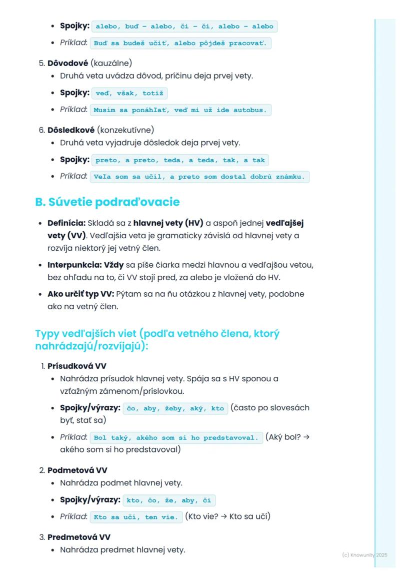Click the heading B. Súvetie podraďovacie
(107, 202)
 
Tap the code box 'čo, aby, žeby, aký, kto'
(175, 408)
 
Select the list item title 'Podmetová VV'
(77, 470)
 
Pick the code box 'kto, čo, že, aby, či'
(169, 500)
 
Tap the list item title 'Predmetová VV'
(78, 537)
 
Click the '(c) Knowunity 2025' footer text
(364, 555)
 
